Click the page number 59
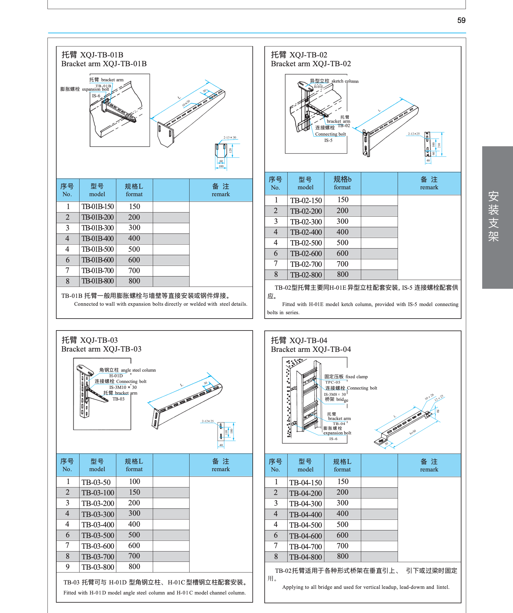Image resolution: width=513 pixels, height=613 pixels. (461, 20)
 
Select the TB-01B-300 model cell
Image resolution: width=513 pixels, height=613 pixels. (98, 228)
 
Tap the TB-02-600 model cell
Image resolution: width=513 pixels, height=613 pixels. (306, 254)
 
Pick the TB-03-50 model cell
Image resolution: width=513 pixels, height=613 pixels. (96, 482)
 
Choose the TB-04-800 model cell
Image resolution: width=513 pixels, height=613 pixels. (306, 557)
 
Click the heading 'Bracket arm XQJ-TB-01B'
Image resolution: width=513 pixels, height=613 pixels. (104, 64)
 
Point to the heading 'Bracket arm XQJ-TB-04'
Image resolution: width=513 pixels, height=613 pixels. (311, 349)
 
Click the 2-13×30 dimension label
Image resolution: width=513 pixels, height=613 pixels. (230, 137)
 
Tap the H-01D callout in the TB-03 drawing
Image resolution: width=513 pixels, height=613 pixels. (116, 376)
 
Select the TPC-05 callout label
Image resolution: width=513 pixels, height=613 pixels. (333, 382)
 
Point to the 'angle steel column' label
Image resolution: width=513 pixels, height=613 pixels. (138, 370)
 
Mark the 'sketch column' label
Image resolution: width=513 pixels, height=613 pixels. (345, 81)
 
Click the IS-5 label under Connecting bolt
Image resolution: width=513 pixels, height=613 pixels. (328, 140)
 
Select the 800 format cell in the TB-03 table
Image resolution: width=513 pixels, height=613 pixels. (134, 567)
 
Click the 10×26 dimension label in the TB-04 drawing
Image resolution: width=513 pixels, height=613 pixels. (429, 397)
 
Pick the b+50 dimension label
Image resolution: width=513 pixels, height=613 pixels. (413, 432)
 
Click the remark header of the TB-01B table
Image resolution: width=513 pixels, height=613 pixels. (221, 190)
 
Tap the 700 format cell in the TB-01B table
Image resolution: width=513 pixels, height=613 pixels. (134, 271)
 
